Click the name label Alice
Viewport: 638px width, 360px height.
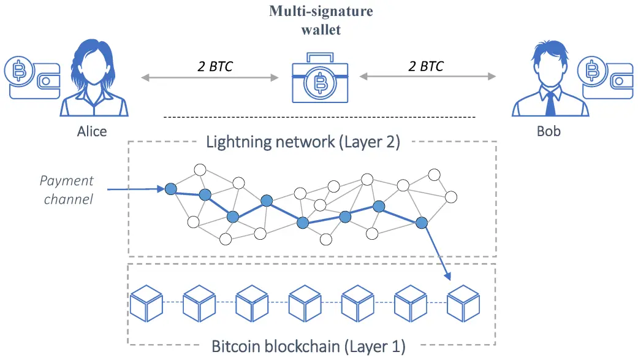pos(92,131)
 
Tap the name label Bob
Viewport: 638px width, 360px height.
pos(549,131)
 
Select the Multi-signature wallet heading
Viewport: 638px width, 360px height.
pos(321,20)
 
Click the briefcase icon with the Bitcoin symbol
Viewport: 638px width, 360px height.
pos(320,77)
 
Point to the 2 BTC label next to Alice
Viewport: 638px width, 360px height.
pos(215,66)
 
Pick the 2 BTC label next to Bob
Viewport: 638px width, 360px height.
pos(425,66)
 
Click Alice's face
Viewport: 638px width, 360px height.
pos(94,68)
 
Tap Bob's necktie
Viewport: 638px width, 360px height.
pos(550,104)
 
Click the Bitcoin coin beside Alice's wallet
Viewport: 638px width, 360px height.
pos(19,71)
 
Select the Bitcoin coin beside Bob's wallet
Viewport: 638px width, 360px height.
pos(593,71)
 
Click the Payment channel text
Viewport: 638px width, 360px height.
pos(67,190)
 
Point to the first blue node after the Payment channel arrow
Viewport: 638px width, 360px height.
pos(170,188)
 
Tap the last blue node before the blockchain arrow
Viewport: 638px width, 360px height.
pos(422,223)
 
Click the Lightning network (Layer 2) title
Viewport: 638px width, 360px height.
pos(303,142)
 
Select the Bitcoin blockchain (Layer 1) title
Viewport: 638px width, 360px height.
pos(308,347)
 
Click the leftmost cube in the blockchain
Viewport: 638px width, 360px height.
pos(146,304)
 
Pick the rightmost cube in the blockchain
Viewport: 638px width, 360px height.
pos(463,304)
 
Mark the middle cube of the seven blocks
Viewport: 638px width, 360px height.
pos(305,304)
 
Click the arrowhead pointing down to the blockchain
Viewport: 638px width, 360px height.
pos(448,277)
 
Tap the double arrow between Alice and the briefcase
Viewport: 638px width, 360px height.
pos(210,77)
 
